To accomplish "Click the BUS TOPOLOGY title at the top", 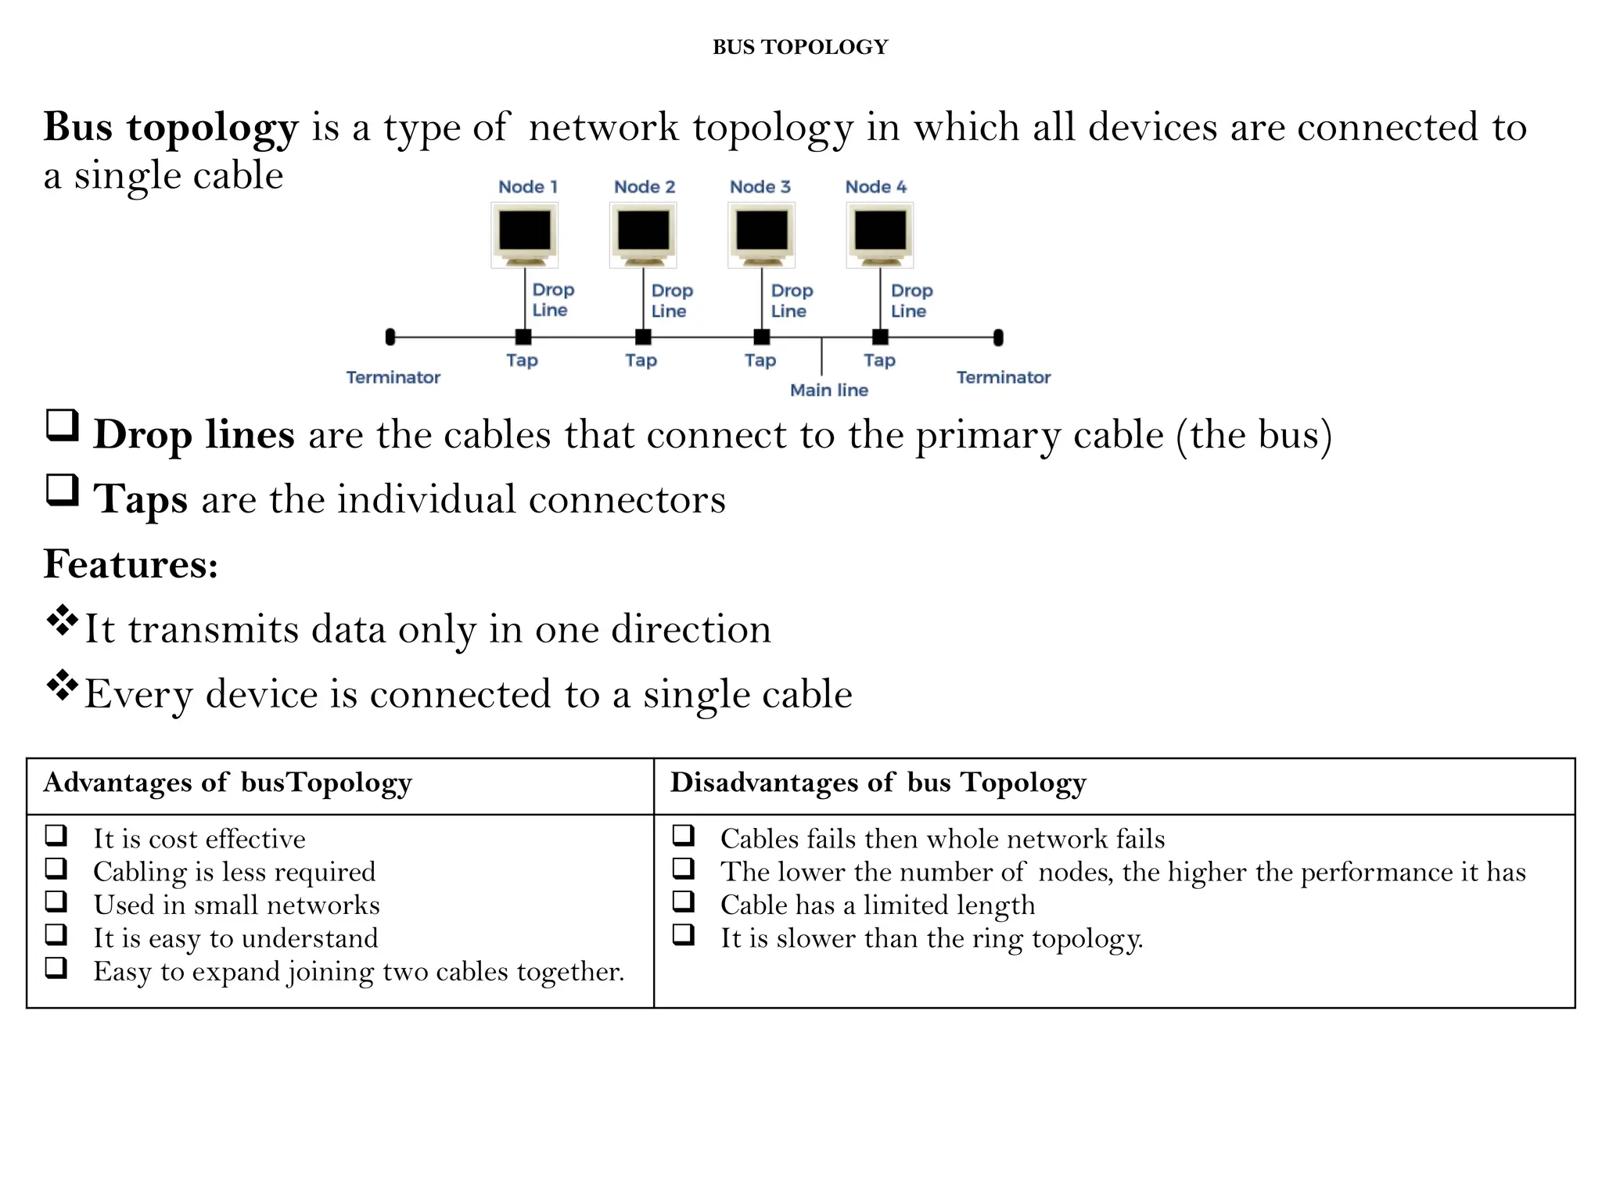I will click(800, 47).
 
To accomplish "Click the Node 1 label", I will click(528, 187).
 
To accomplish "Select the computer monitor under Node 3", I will click(761, 233).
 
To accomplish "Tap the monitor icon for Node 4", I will click(880, 233).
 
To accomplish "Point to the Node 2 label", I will click(645, 187).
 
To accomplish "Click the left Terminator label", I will click(393, 377).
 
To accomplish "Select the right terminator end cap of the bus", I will click(998, 337).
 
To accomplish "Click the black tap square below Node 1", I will click(524, 337).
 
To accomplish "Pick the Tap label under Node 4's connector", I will click(879, 360).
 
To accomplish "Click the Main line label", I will click(829, 390).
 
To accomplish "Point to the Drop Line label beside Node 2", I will click(672, 300).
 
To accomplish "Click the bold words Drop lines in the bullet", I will click(194, 434).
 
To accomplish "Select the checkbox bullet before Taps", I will click(63, 491).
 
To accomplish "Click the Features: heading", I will click(131, 564).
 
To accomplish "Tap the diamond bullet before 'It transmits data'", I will click(63, 621).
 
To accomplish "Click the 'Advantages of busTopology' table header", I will click(228, 783).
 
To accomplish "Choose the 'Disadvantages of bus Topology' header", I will click(878, 783).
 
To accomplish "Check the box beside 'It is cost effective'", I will click(56, 836).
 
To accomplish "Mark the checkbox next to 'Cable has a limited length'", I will click(684, 902).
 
